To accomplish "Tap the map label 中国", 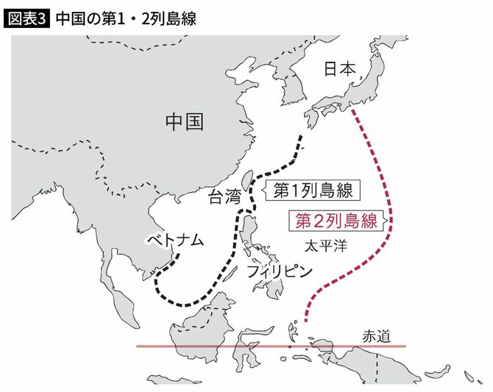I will pyautogui.click(x=183, y=122).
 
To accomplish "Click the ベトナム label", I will pyautogui.click(x=174, y=240).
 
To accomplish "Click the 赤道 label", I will pyautogui.click(x=378, y=335).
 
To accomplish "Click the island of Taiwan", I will pyautogui.click(x=247, y=182).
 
